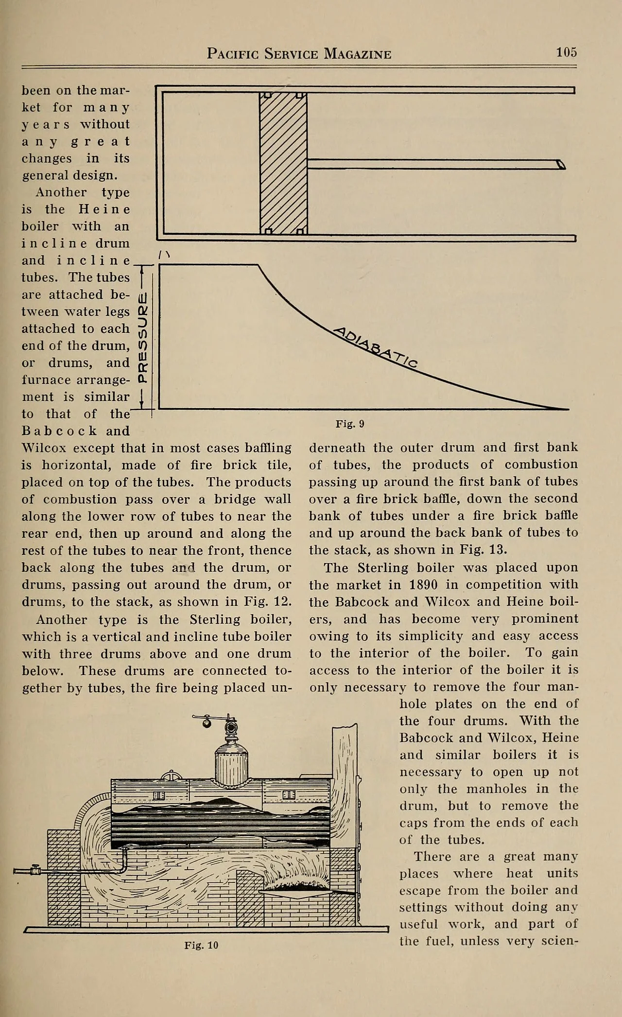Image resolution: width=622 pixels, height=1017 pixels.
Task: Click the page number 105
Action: [566, 52]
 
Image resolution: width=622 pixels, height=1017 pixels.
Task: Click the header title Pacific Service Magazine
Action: [299, 53]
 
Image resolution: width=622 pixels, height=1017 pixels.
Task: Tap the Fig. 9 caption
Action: [350, 424]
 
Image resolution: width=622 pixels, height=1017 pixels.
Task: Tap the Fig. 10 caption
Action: [201, 945]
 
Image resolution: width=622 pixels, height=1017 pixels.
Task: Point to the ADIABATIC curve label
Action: [377, 347]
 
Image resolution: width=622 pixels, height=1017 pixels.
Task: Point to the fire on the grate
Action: [296, 882]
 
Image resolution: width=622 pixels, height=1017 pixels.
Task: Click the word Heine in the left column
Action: [104, 209]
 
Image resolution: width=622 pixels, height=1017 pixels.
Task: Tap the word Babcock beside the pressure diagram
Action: [59, 431]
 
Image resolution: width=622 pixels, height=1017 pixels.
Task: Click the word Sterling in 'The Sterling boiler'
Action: [381, 568]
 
